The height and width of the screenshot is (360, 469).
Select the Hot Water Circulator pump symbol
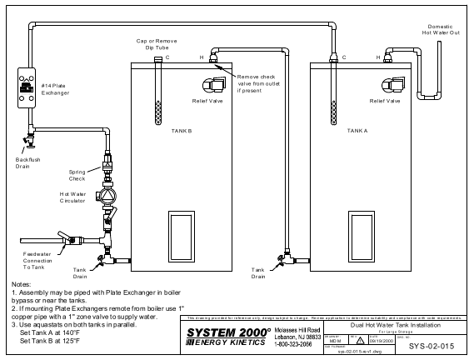pos(107,200)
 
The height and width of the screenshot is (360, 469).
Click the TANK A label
pos(357,131)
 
